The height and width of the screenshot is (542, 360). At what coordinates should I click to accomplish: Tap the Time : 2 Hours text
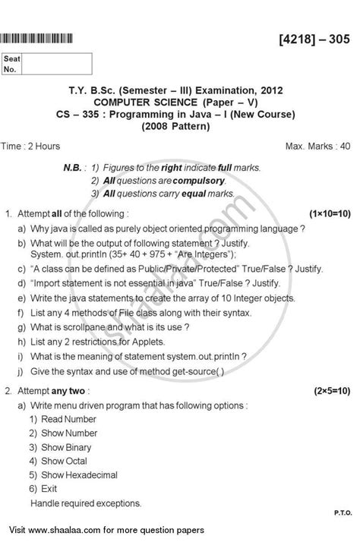coord(45,144)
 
